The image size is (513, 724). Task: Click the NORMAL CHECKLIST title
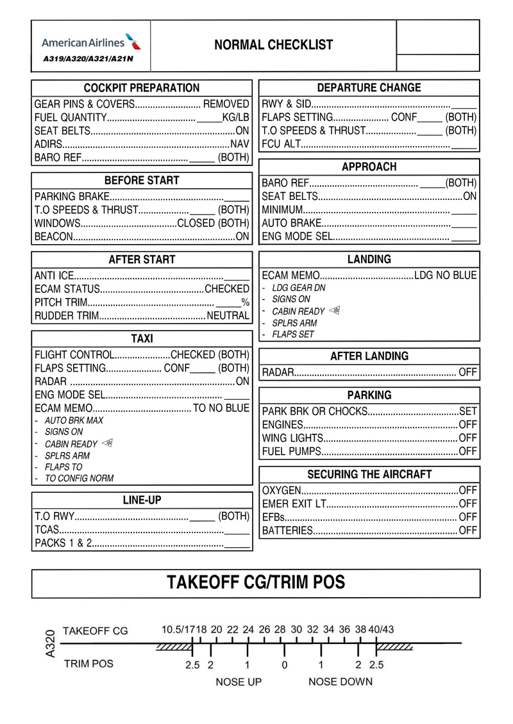pos(273,45)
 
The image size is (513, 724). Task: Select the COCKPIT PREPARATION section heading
pos(142,88)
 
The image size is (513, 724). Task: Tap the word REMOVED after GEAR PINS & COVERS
pos(226,104)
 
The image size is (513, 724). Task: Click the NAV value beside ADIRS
pos(240,144)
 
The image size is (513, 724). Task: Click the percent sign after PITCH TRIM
pos(245,302)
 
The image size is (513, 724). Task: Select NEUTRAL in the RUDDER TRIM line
pos(228,316)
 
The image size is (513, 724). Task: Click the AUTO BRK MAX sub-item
pos(74,421)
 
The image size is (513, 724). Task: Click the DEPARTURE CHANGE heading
pos(369,88)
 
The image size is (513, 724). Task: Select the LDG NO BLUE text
pos(446,276)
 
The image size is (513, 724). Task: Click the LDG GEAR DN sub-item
pos(299,288)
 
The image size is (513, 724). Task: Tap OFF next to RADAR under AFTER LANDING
pos(468,372)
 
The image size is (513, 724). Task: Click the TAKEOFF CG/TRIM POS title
pos(256,582)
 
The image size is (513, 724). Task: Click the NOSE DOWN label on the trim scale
pos(340,682)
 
